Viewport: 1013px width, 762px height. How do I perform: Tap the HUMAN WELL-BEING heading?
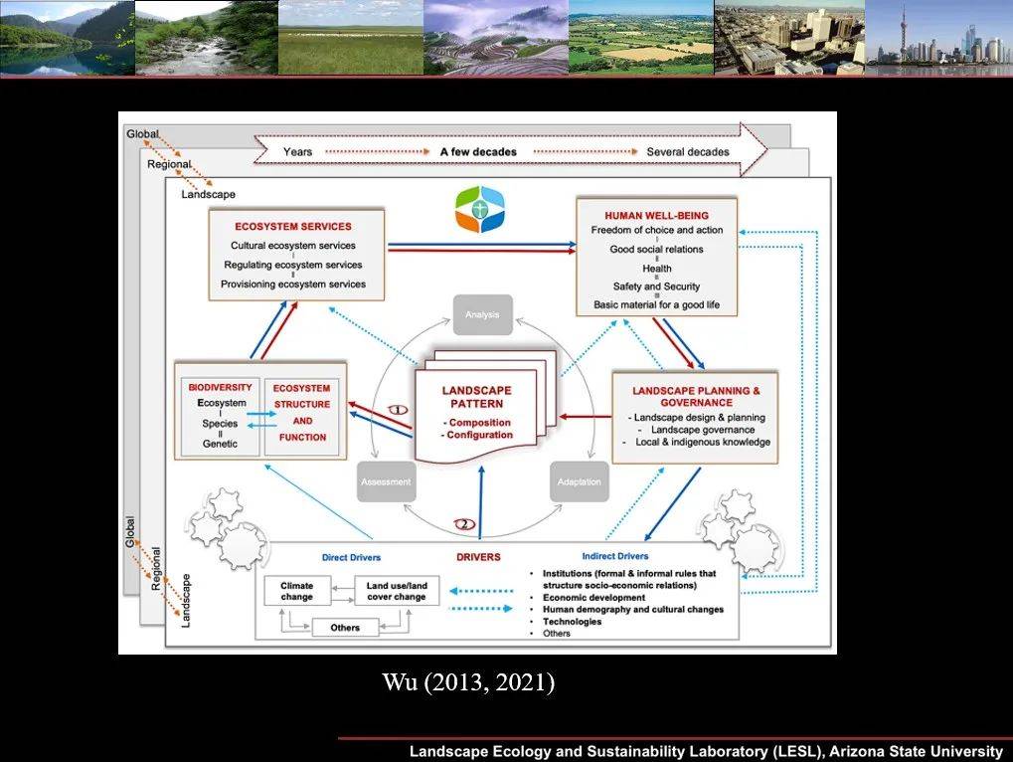pyautogui.click(x=656, y=215)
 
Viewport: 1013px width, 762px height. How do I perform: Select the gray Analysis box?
pyautogui.click(x=482, y=315)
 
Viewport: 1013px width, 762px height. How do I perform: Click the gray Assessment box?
pyautogui.click(x=385, y=481)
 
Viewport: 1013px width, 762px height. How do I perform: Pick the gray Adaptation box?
pyautogui.click(x=579, y=481)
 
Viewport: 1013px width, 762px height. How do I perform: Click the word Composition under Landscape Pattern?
pyautogui.click(x=480, y=422)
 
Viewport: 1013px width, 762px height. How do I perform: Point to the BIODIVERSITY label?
pyautogui.click(x=220, y=387)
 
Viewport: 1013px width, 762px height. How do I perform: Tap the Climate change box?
pyautogui.click(x=296, y=591)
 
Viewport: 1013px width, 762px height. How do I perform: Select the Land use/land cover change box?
pyautogui.click(x=397, y=591)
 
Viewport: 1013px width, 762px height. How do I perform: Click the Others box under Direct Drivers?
pyautogui.click(x=345, y=628)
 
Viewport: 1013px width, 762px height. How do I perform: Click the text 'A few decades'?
pyautogui.click(x=478, y=152)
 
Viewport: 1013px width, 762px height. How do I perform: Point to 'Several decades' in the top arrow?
pyautogui.click(x=687, y=152)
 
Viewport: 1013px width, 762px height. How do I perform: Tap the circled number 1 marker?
pyautogui.click(x=397, y=409)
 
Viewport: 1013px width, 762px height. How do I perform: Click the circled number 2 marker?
pyautogui.click(x=463, y=523)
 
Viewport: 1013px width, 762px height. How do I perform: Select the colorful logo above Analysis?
pyautogui.click(x=480, y=209)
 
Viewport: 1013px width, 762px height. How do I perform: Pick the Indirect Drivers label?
pyautogui.click(x=614, y=556)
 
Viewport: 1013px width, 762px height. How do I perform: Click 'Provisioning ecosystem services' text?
pyautogui.click(x=292, y=285)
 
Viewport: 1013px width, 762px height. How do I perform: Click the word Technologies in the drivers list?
pyautogui.click(x=572, y=621)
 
